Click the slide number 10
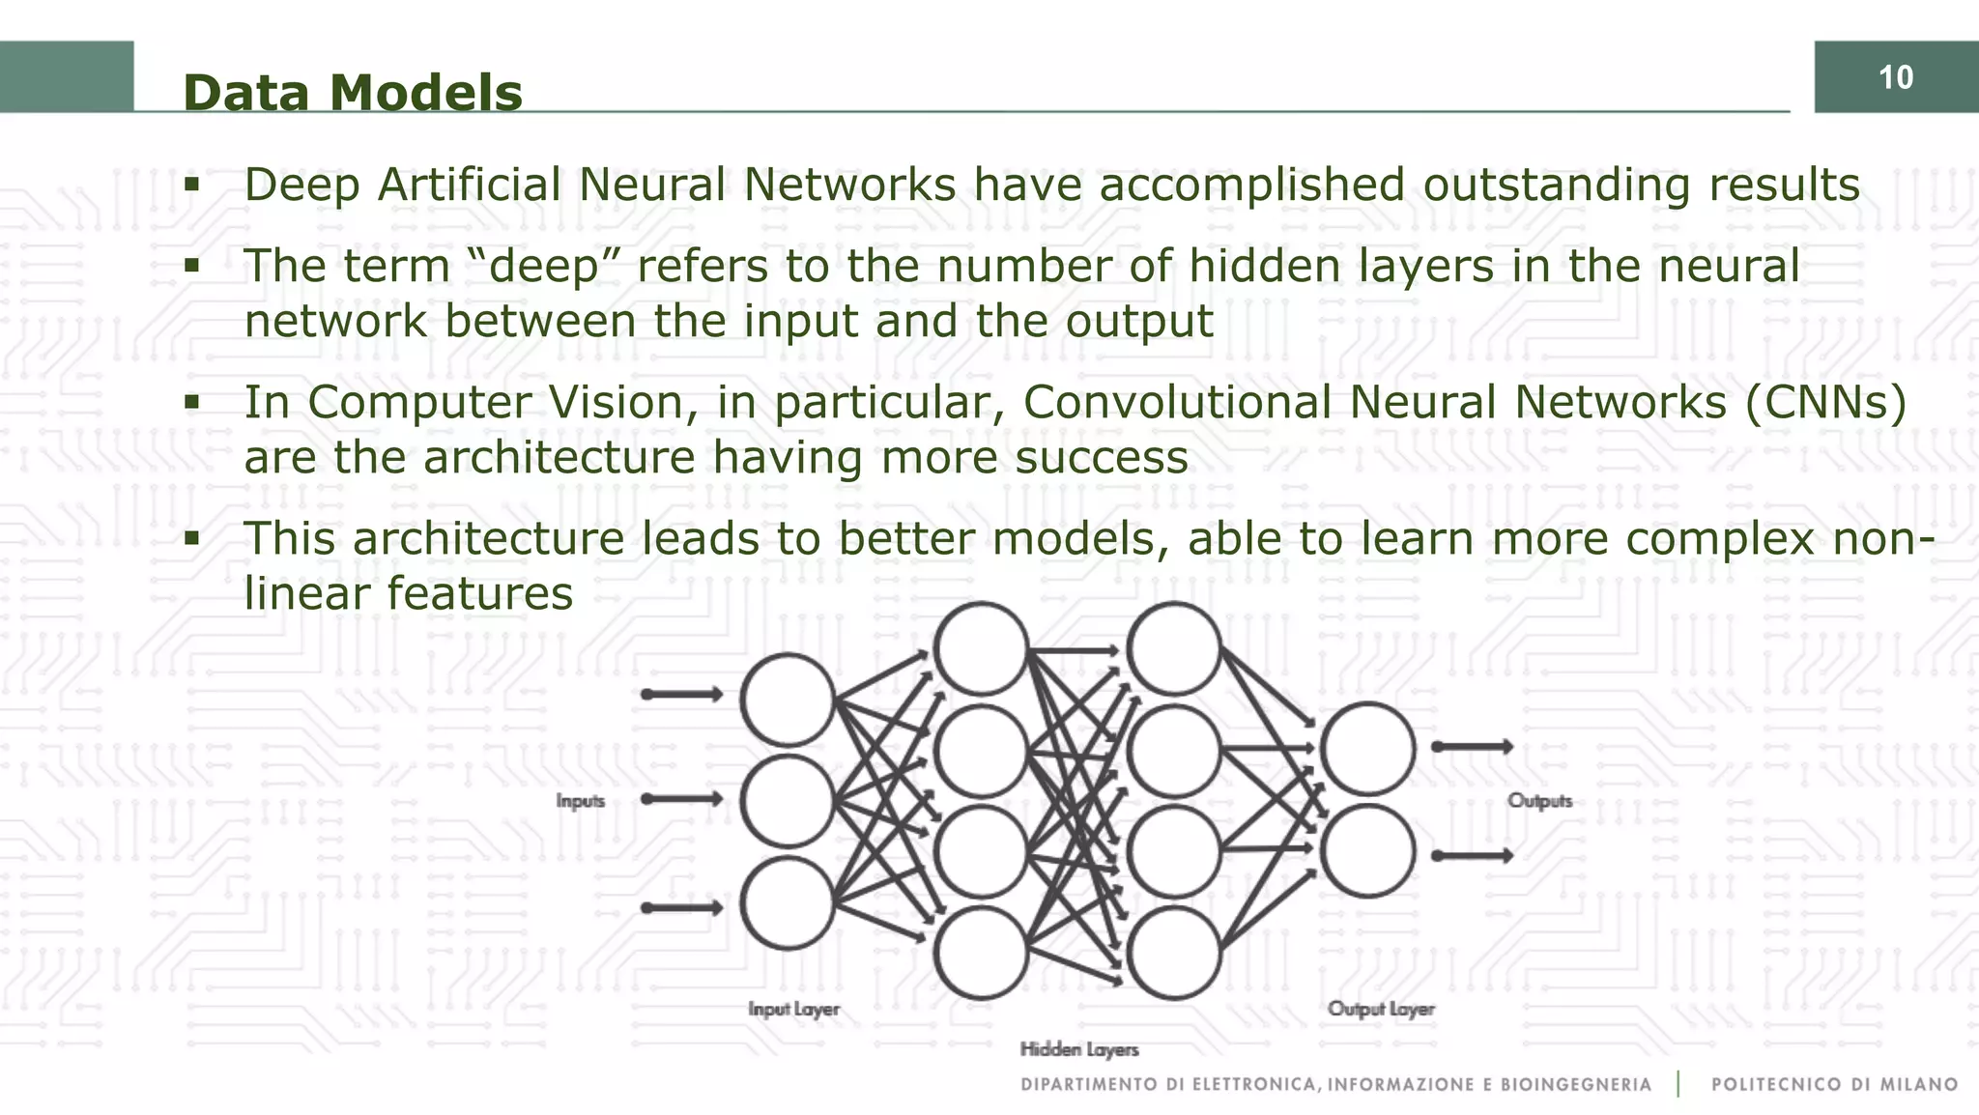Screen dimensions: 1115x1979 (x=1895, y=77)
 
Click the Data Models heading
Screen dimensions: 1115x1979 (x=353, y=93)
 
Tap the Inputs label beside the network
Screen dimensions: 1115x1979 (x=580, y=801)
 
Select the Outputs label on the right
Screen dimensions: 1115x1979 (x=1539, y=801)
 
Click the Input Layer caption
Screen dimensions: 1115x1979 (x=793, y=1009)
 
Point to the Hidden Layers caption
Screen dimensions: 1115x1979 (x=1079, y=1049)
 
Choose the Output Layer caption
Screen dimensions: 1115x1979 (x=1380, y=1009)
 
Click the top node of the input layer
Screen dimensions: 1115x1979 (x=788, y=700)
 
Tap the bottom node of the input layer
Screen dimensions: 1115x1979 (x=788, y=903)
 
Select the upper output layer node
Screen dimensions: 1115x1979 (x=1367, y=749)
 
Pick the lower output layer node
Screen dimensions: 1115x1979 (x=1367, y=851)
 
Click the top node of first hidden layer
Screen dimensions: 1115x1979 (x=981, y=648)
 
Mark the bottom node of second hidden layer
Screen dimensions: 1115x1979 (x=1173, y=953)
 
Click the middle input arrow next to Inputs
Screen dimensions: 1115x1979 (x=682, y=799)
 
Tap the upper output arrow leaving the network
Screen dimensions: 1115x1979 (x=1472, y=747)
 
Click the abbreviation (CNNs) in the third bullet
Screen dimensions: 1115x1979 (x=1825, y=402)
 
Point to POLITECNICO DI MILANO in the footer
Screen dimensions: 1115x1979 (x=1834, y=1085)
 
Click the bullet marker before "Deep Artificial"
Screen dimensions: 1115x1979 (x=191, y=184)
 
